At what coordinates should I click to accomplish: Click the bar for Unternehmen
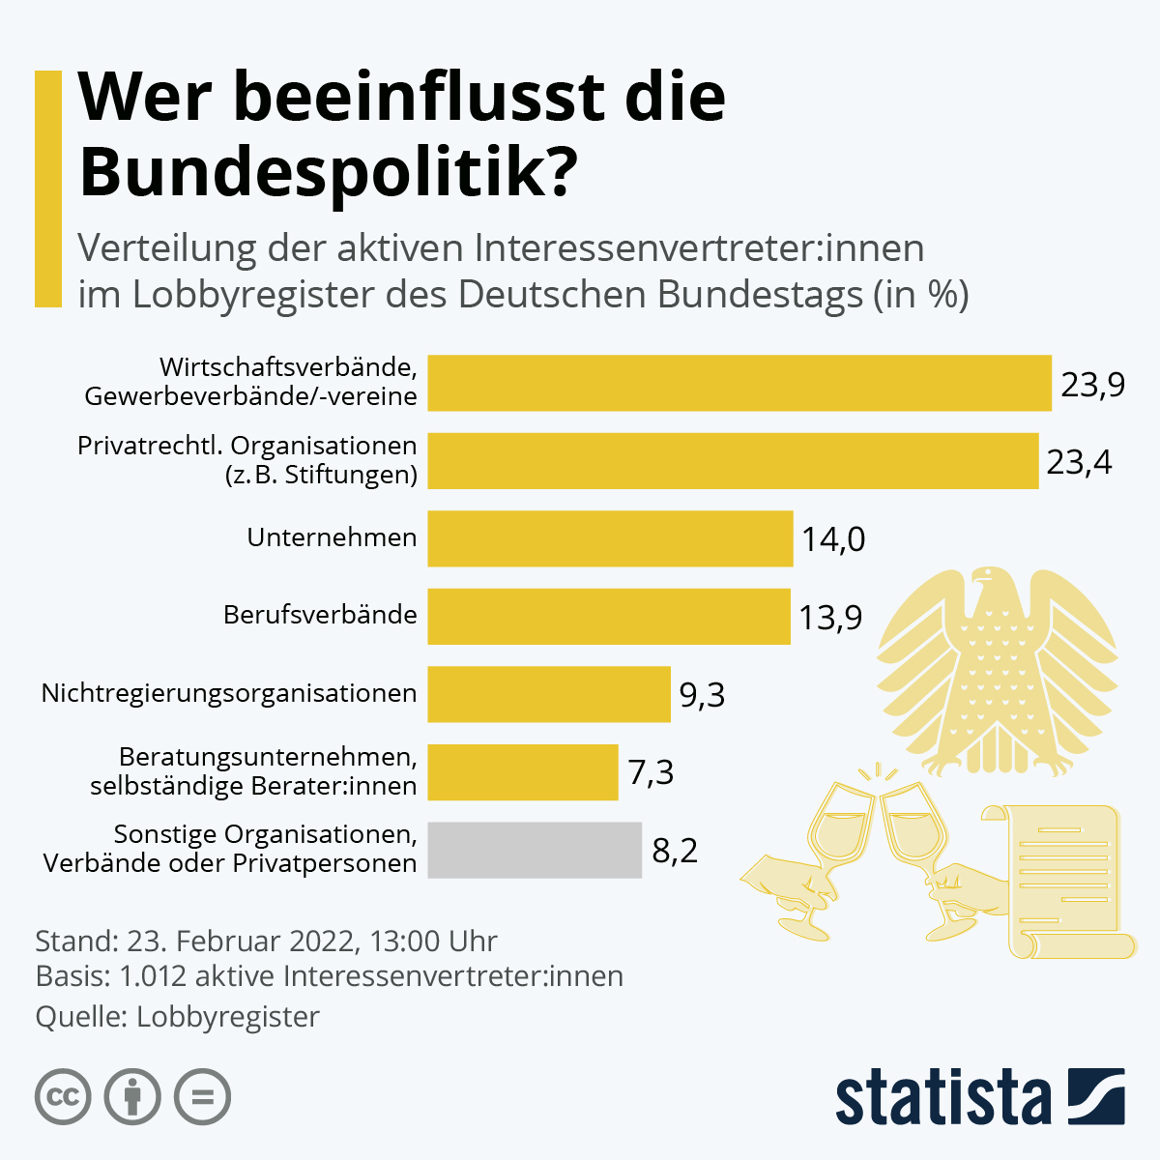click(x=610, y=538)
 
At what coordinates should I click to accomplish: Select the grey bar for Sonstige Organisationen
click(x=535, y=850)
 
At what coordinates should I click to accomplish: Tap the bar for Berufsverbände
click(x=609, y=616)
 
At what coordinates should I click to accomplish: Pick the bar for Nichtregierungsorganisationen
click(x=549, y=694)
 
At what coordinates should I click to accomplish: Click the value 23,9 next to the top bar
click(x=1092, y=385)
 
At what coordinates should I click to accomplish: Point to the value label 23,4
click(x=1079, y=462)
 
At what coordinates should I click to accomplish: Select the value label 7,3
click(x=651, y=772)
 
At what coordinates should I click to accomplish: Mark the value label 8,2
click(x=675, y=851)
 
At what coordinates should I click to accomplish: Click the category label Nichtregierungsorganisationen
click(x=229, y=693)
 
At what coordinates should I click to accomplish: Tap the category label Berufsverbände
click(x=320, y=615)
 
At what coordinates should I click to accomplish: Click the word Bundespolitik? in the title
click(x=329, y=172)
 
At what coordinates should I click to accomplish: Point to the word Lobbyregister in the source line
click(x=228, y=1017)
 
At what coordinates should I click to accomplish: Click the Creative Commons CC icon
click(x=63, y=1097)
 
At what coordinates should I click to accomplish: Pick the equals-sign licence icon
click(x=202, y=1097)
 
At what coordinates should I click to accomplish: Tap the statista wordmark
click(x=942, y=1097)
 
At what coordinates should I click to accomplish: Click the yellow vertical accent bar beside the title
click(x=48, y=188)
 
